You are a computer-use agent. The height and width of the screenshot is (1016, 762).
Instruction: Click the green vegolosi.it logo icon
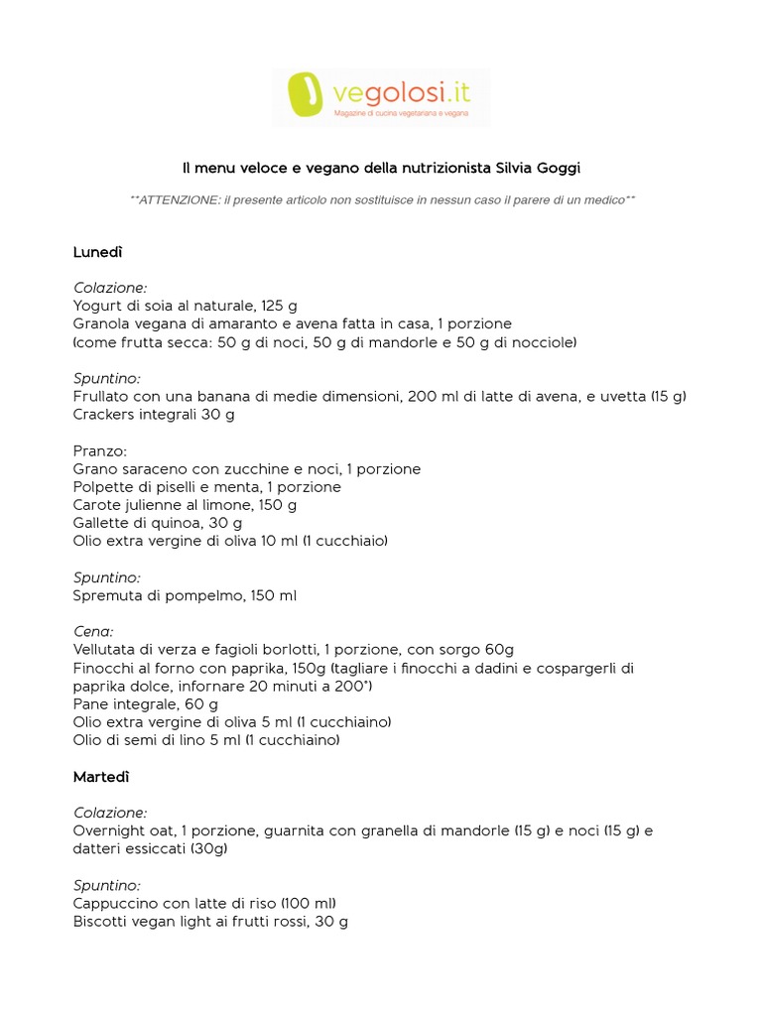pos(307,95)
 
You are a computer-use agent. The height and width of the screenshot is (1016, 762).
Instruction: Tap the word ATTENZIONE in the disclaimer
pos(177,199)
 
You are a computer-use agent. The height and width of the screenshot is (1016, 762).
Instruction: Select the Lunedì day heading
pos(97,252)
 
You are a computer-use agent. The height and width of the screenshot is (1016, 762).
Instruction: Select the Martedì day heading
pos(101,776)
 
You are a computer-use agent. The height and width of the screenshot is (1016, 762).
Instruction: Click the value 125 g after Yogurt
pos(279,306)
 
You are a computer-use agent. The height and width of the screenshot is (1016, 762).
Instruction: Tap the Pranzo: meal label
pos(100,450)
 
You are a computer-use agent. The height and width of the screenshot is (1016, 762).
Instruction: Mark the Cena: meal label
pos(93,631)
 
